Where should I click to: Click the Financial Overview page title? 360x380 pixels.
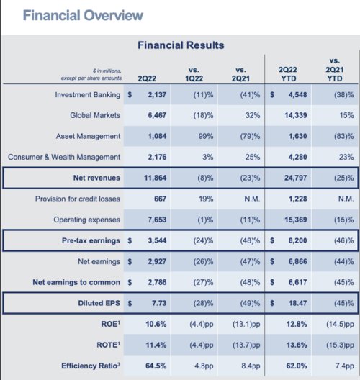click(83, 16)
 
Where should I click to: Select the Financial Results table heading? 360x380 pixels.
click(181, 45)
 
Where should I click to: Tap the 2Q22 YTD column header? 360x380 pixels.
click(288, 74)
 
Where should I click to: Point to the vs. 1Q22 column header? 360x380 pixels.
click(194, 74)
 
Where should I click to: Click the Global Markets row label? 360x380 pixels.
click(95, 115)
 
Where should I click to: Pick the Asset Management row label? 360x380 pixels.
click(88, 136)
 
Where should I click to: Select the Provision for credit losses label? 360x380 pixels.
click(78, 199)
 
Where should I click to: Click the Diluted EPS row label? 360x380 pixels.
click(99, 303)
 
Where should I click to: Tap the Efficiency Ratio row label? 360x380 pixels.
click(91, 366)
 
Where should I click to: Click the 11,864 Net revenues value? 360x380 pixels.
click(155, 178)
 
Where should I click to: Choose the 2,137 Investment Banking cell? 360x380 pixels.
click(157, 94)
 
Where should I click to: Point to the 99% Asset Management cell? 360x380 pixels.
click(206, 136)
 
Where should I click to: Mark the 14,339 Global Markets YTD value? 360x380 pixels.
click(296, 115)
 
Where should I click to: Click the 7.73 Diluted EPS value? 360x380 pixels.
click(159, 303)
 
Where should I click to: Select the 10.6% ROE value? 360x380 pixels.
click(156, 324)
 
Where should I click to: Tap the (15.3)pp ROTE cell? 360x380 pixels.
click(340, 345)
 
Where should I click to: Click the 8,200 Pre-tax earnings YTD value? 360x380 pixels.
click(297, 240)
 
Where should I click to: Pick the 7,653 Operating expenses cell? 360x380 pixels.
click(157, 220)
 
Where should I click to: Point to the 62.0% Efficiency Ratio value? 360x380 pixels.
click(297, 366)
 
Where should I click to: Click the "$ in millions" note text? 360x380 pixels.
click(107, 71)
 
